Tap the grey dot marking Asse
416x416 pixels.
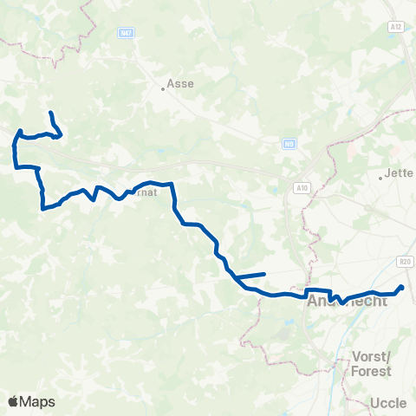163,87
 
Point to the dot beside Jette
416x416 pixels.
380,178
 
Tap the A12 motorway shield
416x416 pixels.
396,27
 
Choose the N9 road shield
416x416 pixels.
289,145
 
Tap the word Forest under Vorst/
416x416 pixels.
372,371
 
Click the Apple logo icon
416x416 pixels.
13,401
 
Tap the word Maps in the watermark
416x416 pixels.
37,402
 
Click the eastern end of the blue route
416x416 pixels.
402,286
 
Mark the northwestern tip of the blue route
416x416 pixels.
51,114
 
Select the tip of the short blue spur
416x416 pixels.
263,274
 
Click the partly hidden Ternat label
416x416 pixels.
145,192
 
